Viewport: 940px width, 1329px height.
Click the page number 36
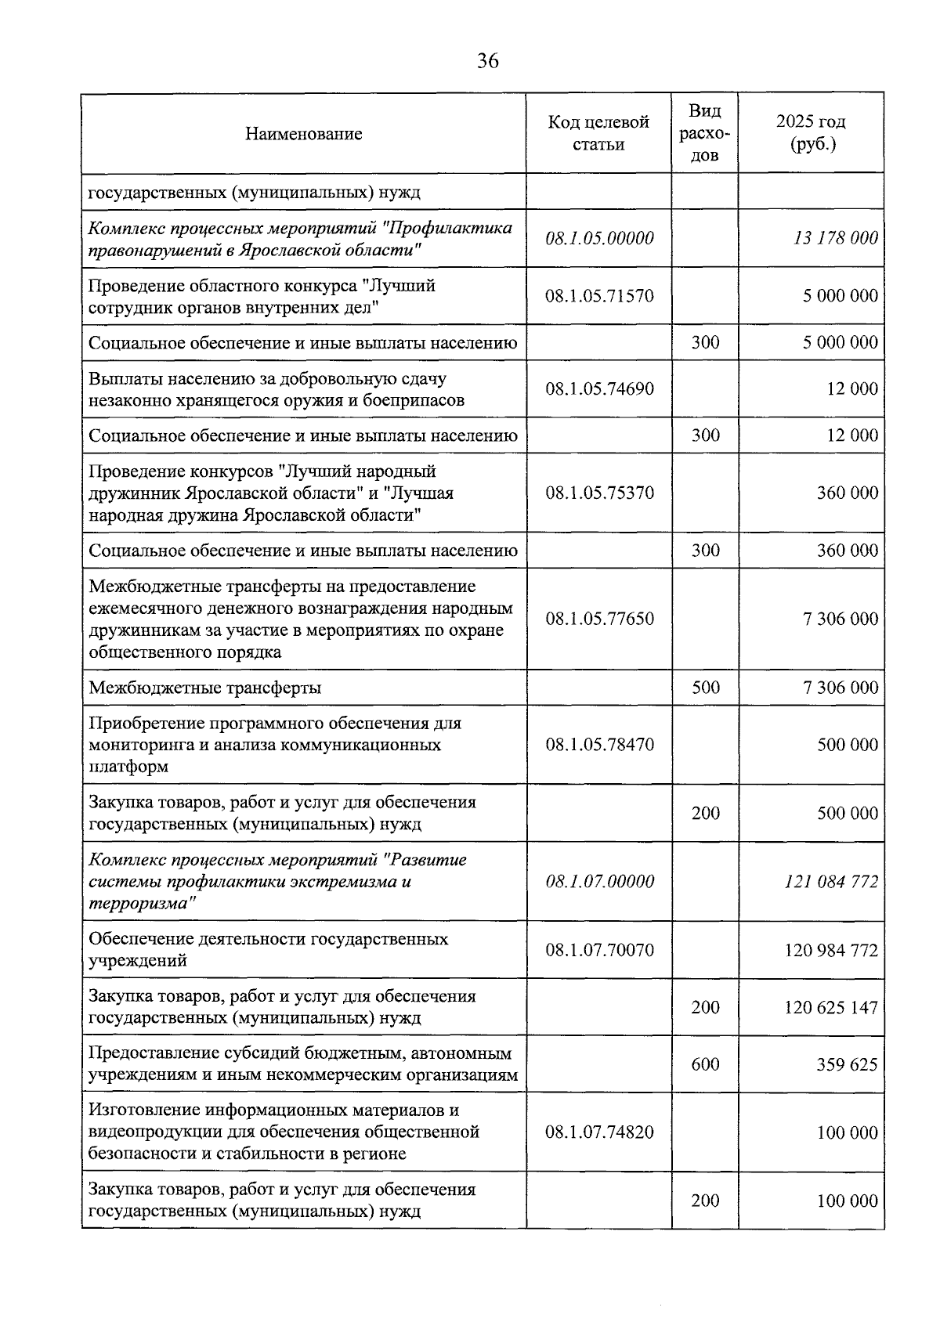point(487,61)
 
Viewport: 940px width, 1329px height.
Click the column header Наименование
point(303,134)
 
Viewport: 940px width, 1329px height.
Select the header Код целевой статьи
point(598,133)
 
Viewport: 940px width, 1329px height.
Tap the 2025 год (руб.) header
point(811,133)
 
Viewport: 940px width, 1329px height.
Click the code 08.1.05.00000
point(599,238)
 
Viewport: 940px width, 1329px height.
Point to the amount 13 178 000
point(835,238)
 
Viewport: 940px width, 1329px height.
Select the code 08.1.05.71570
point(599,296)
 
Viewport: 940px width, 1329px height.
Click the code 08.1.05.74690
point(599,389)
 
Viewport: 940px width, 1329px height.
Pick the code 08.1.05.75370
point(599,493)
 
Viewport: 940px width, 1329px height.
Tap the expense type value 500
point(705,688)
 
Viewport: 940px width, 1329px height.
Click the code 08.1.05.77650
point(599,619)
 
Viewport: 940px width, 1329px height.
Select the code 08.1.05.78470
point(599,745)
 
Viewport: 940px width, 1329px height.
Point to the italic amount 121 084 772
point(830,882)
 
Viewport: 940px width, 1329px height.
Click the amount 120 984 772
point(830,951)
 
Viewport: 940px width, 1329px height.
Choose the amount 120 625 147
point(830,1008)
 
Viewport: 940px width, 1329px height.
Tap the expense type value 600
point(705,1064)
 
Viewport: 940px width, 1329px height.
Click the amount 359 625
point(847,1065)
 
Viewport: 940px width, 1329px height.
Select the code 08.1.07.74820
point(599,1132)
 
